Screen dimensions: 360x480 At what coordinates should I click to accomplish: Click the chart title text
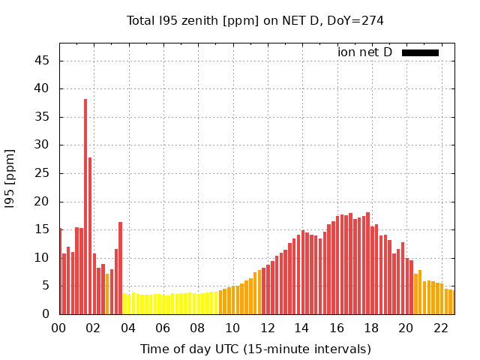click(255, 20)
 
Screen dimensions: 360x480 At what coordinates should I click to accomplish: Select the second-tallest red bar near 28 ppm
click(90, 235)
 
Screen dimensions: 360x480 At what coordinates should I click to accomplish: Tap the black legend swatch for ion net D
click(420, 52)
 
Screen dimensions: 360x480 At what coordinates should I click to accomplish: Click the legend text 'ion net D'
click(364, 52)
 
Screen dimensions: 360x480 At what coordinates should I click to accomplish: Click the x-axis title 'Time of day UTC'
click(255, 349)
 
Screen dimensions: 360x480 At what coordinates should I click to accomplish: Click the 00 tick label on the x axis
click(59, 328)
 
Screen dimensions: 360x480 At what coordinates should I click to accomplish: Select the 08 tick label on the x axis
click(198, 328)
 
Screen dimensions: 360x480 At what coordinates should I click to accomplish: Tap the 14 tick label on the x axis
click(302, 328)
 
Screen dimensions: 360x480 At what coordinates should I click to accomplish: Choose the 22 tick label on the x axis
click(441, 328)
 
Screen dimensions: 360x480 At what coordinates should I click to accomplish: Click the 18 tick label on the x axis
click(371, 328)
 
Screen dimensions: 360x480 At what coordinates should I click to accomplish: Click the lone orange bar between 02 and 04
click(107, 294)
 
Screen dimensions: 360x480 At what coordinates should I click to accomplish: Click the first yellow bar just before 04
click(124, 304)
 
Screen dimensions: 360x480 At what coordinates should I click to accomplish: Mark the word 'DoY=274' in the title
click(355, 20)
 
